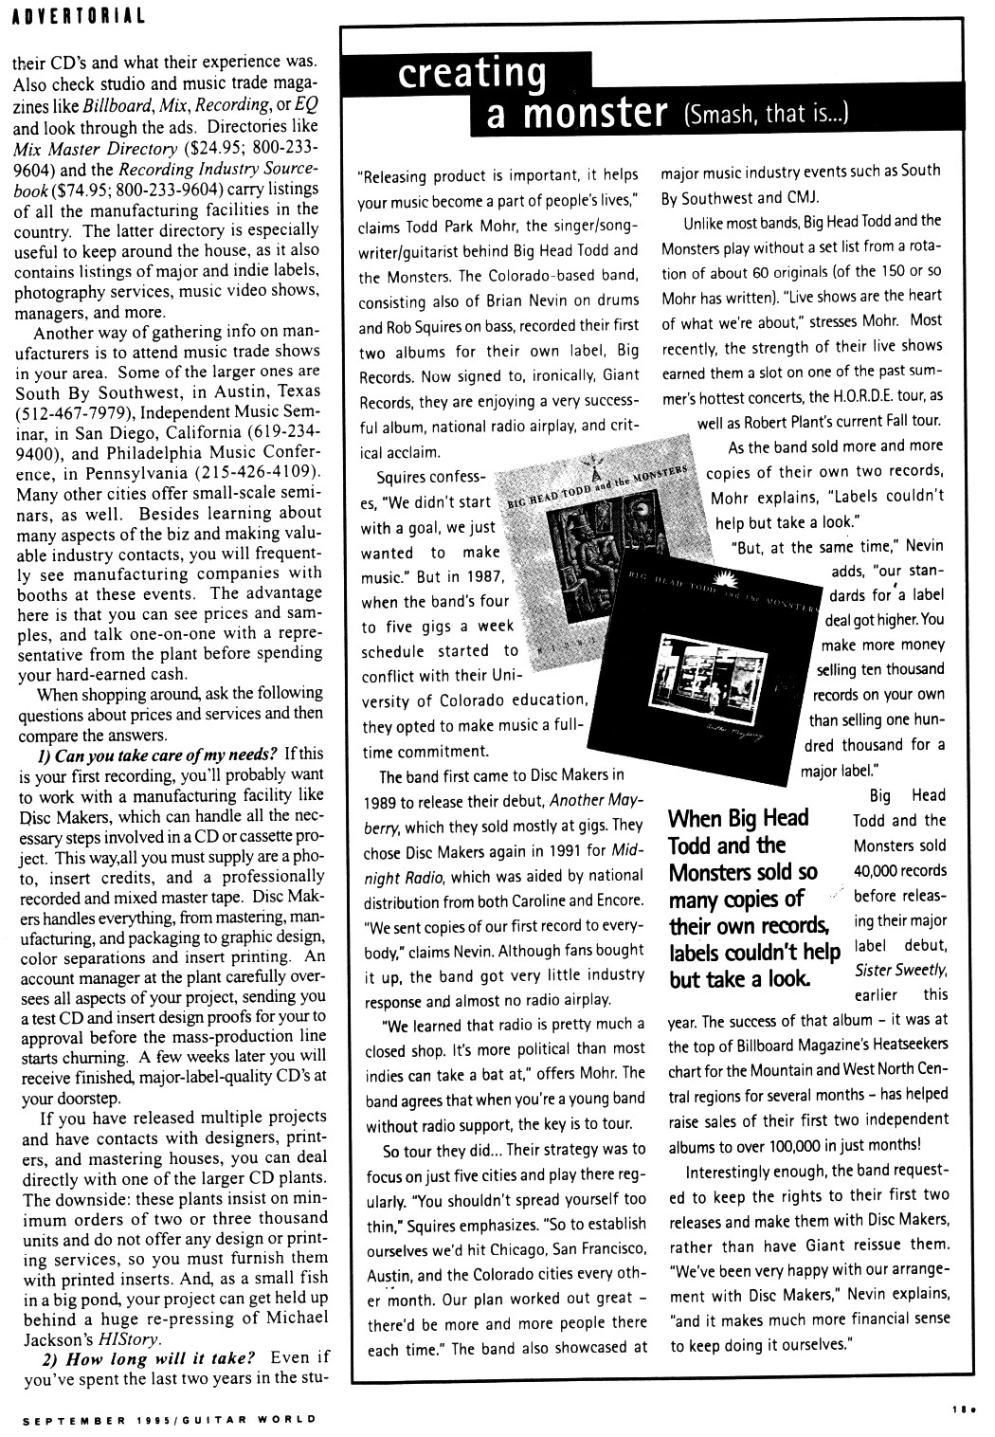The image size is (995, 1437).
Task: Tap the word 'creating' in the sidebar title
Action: point(475,75)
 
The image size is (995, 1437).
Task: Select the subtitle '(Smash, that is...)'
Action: point(766,116)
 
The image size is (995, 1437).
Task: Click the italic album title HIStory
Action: point(100,1339)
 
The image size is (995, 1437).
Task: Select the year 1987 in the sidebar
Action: point(492,576)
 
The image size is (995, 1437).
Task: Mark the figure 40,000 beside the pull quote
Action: point(886,870)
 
